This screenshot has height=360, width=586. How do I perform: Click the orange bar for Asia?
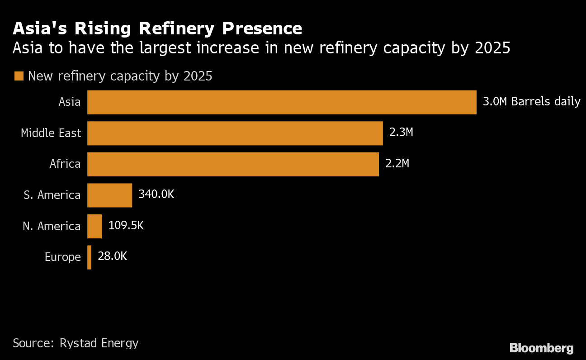(282, 102)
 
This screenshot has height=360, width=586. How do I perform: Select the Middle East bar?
(235, 133)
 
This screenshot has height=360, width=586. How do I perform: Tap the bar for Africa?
(233, 164)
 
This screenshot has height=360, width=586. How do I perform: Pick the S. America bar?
(109, 195)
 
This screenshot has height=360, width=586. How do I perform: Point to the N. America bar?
(95, 226)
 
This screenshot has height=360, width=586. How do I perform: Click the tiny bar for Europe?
(90, 257)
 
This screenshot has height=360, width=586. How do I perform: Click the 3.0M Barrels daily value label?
(531, 101)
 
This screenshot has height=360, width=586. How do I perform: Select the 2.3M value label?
(401, 133)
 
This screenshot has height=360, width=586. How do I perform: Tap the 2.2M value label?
(397, 163)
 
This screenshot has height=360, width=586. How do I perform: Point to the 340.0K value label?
(156, 194)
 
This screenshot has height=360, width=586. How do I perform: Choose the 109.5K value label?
(126, 225)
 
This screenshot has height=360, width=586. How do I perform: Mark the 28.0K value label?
(112, 256)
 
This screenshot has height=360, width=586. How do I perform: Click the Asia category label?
(70, 102)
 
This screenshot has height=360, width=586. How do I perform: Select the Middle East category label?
(51, 133)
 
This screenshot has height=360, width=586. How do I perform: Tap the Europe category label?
(63, 257)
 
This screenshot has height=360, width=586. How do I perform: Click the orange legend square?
(19, 76)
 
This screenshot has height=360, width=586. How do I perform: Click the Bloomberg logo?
(541, 348)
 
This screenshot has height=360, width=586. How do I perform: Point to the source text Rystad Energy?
(99, 343)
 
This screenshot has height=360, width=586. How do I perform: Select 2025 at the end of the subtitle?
(492, 48)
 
